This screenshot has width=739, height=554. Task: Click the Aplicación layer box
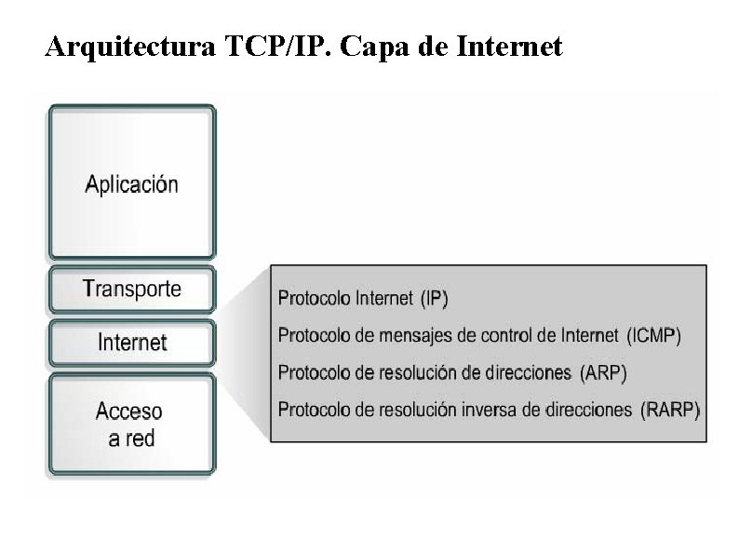[x=132, y=182]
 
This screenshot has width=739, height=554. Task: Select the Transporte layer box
[x=132, y=289]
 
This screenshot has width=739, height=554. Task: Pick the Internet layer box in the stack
[x=132, y=342]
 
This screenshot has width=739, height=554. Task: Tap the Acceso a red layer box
[x=132, y=424]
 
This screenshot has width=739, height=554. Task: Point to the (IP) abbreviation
[x=435, y=299]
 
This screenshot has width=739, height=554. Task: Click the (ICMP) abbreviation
[x=653, y=336]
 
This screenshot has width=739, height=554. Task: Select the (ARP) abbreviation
[x=603, y=373]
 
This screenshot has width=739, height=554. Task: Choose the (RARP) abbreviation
[x=670, y=410]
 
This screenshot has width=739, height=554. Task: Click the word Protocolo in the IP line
[x=310, y=299]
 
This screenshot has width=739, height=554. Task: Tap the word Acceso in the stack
[x=129, y=411]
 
